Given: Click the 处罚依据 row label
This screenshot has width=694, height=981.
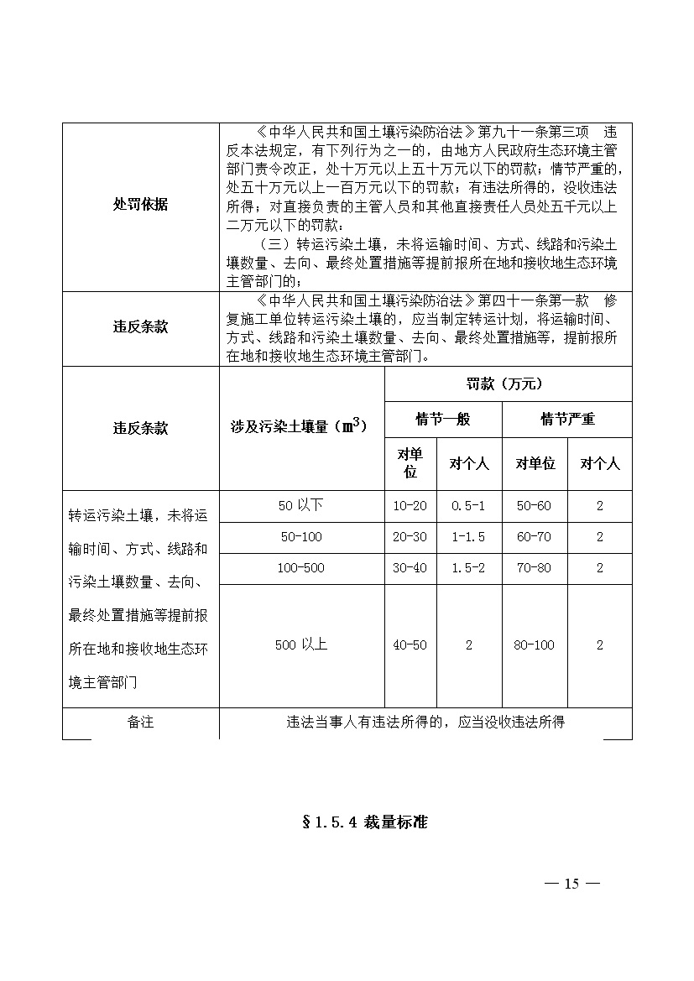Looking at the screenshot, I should click(140, 205).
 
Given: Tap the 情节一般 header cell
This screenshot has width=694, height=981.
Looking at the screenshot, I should click(443, 419).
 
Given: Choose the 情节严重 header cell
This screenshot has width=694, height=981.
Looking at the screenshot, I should click(567, 419).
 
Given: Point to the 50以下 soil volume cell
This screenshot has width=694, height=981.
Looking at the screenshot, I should click(300, 505).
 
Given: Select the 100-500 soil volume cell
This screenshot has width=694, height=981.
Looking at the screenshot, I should click(300, 568).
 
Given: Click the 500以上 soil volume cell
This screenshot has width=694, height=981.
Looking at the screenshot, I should click(300, 644).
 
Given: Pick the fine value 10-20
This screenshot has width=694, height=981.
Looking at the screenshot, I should click(410, 506).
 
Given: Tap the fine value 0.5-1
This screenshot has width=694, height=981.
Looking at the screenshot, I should click(468, 506).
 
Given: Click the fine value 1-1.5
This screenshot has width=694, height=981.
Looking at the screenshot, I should click(468, 537).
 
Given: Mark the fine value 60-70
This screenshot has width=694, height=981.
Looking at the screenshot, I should click(535, 537).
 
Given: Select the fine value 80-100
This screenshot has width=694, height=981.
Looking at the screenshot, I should click(535, 645).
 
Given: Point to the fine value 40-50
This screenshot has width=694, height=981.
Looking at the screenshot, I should click(410, 645).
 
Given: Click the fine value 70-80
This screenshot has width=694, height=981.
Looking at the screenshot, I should click(535, 568).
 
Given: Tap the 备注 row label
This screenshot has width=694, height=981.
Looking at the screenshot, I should click(140, 722).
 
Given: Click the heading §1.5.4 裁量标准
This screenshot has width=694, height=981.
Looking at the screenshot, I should click(364, 822).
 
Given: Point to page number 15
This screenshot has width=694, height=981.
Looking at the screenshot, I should click(571, 883).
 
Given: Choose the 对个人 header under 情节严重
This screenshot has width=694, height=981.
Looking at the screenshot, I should click(599, 463).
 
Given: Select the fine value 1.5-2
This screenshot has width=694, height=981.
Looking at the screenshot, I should click(468, 568).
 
